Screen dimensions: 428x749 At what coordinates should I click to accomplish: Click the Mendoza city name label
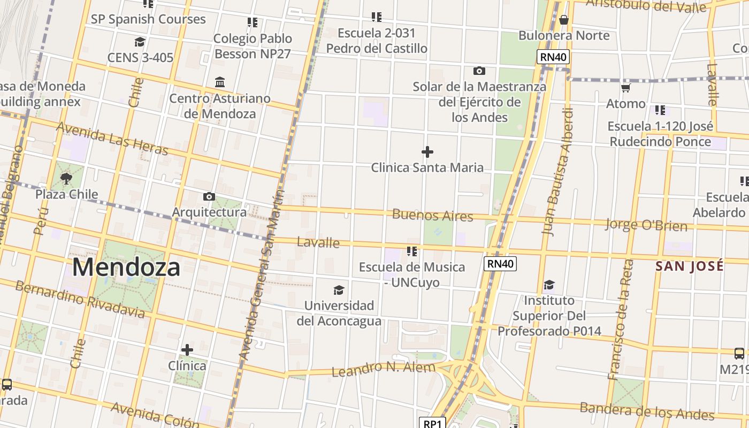(126, 266)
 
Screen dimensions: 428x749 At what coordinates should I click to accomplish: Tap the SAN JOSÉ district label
(690, 266)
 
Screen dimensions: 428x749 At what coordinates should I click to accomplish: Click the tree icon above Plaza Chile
(66, 178)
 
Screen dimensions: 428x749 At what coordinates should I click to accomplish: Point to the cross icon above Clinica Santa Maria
(427, 152)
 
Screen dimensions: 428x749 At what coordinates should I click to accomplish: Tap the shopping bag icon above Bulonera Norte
(563, 20)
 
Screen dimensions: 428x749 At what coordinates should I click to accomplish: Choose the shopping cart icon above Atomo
(625, 88)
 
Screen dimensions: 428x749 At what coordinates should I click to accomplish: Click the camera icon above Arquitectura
(209, 197)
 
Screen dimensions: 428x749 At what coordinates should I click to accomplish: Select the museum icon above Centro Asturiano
(220, 82)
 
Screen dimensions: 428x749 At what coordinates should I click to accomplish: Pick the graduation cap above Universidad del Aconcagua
(339, 290)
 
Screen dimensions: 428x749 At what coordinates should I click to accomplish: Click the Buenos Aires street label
(432, 216)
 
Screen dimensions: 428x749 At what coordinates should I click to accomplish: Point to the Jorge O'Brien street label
(646, 225)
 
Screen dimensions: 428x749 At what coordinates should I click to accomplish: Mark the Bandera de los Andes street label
(647, 411)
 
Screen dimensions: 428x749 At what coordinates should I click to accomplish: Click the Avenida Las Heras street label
(112, 138)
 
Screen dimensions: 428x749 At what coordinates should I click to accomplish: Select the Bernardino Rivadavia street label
(80, 299)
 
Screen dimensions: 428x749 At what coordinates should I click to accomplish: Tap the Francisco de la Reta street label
(621, 320)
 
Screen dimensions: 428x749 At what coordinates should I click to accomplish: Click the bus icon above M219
(739, 354)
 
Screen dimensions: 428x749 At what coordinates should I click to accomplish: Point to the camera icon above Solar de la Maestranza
(479, 71)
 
